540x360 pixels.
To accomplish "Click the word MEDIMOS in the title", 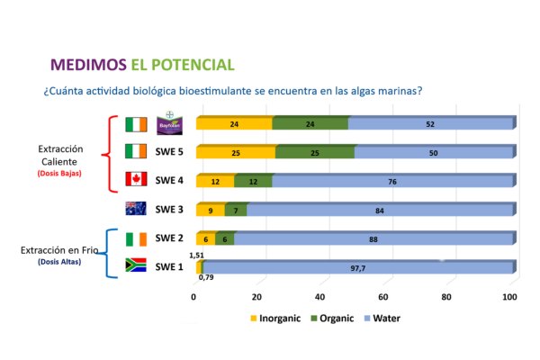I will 87,65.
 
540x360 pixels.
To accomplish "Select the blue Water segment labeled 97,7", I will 358,267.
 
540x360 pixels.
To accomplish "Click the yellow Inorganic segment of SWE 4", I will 215,181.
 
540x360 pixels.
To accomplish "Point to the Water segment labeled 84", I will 379,210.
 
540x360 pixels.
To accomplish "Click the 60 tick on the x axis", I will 385,297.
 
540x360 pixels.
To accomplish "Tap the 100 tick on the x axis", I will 510,297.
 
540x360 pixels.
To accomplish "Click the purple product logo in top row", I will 167,123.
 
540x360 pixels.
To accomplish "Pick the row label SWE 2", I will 170,238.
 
